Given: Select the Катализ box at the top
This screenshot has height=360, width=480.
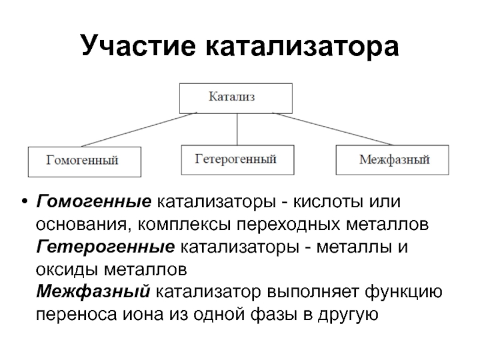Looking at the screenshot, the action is pos(236,98).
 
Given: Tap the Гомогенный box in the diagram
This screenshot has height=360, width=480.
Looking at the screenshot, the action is pos(83,161).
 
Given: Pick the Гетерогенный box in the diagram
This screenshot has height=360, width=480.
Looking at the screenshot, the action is pos(237,160).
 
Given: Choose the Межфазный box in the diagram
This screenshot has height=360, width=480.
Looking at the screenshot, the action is pos(391,161).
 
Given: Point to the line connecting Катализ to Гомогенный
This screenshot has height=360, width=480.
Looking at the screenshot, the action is pos(138,129).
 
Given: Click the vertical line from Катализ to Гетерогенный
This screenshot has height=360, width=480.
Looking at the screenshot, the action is pos(237,129).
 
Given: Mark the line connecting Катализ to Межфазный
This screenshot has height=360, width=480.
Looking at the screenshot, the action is pos(336,129).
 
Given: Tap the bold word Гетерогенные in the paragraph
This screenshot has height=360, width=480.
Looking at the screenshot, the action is pos(105,246).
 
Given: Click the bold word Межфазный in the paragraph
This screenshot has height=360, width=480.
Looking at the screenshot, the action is pos(94,292).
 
